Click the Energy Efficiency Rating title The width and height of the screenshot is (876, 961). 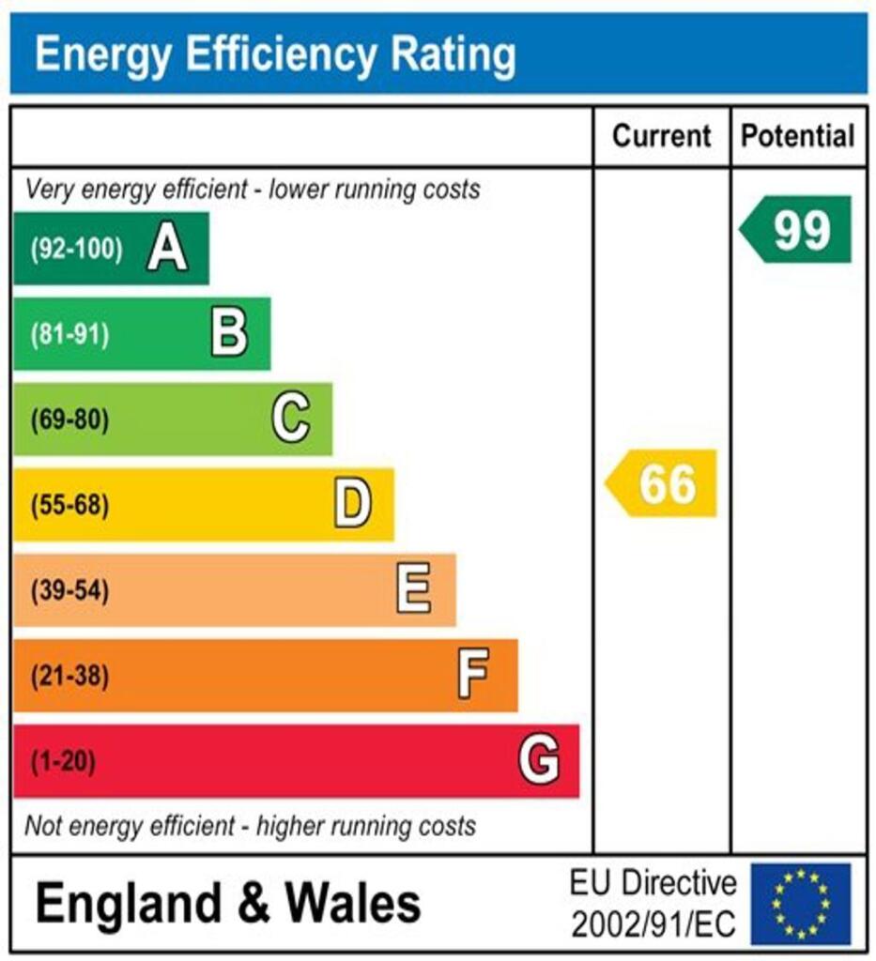(x=274, y=55)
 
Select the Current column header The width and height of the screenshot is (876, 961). (x=661, y=136)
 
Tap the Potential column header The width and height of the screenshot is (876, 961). (x=798, y=136)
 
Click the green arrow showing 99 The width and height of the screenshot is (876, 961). (x=797, y=230)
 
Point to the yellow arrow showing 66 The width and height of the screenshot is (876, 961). (x=663, y=483)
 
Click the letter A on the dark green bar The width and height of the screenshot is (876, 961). (x=167, y=250)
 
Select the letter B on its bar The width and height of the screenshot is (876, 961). (x=229, y=334)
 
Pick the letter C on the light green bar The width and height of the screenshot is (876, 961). (x=291, y=419)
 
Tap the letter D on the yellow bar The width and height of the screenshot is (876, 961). (x=353, y=505)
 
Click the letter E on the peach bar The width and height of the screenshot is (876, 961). (x=414, y=590)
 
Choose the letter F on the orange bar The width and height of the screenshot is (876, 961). (x=473, y=676)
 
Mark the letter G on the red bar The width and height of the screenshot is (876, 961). (x=539, y=760)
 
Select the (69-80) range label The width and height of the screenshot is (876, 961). (x=69, y=420)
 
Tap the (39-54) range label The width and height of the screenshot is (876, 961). (x=69, y=591)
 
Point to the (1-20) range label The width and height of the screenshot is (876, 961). (x=63, y=761)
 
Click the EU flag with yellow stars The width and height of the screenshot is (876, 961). (x=800, y=904)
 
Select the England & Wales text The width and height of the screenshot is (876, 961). (x=228, y=903)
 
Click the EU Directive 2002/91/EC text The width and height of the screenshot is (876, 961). (x=653, y=904)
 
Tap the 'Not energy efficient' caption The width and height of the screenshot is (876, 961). (x=250, y=827)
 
